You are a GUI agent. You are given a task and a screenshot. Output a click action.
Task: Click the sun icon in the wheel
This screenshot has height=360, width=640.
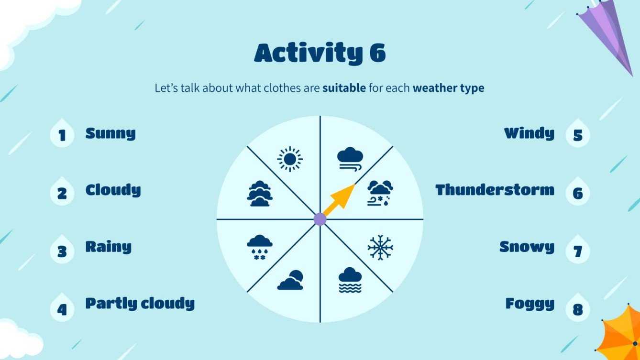point(289,159)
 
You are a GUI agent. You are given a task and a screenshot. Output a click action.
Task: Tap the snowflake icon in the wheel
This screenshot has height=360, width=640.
point(380,247)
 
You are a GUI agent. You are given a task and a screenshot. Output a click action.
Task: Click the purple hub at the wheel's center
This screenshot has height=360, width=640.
point(320,219)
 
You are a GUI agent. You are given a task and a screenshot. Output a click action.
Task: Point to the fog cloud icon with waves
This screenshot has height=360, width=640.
point(350,280)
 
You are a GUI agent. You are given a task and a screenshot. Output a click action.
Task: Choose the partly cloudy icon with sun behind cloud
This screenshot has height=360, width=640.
point(290,280)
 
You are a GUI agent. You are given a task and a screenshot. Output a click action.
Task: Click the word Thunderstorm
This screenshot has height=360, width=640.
point(495,190)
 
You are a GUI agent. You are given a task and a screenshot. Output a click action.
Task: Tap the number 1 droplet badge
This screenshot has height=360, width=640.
point(62,134)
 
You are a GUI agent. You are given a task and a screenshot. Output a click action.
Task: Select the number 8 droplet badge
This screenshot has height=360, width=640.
point(577,308)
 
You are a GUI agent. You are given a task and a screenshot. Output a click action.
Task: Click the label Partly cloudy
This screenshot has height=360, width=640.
point(140,304)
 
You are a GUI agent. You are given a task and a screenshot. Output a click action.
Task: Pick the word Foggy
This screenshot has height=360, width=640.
point(530,304)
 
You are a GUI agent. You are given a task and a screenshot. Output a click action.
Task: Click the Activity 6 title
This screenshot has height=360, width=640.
point(320,53)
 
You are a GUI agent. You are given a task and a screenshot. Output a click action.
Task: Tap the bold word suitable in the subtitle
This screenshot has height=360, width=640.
point(344,88)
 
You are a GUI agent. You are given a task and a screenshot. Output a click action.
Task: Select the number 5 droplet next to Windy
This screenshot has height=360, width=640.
point(577,134)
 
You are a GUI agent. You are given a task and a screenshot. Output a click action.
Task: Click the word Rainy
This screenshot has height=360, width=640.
point(108,247)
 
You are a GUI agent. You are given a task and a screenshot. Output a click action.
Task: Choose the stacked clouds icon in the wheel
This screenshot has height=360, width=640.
point(260,193)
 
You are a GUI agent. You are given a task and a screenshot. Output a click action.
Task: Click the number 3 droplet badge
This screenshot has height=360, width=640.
point(62,251)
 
